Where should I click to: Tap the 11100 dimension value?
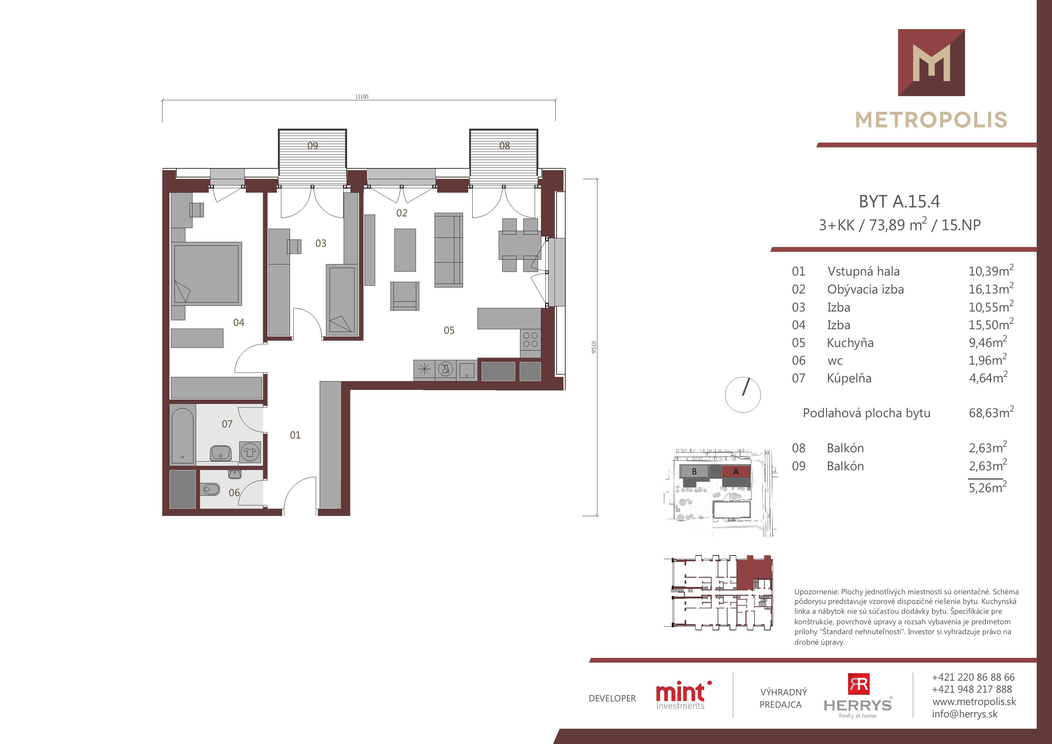tap(361, 97)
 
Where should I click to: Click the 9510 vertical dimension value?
tap(594, 347)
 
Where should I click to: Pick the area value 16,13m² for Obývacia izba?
tap(991, 288)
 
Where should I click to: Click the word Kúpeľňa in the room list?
tap(849, 378)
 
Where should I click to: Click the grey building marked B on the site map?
tap(694, 471)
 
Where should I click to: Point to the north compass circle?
tap(743, 395)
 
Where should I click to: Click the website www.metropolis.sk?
tap(974, 702)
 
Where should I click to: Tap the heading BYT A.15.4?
tap(899, 201)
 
